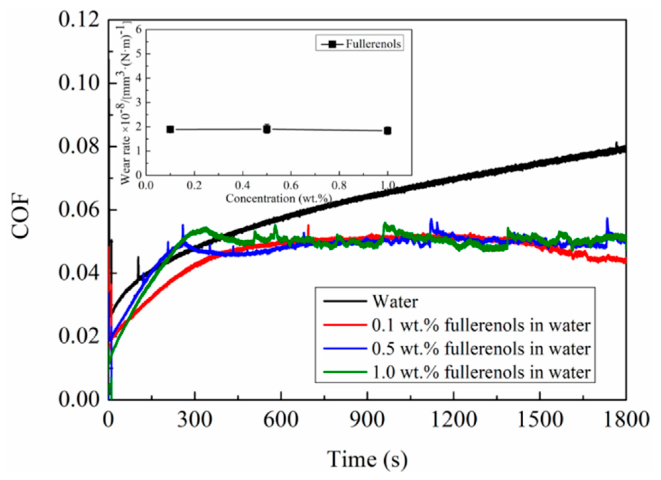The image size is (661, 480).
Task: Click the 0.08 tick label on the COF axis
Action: (79, 146)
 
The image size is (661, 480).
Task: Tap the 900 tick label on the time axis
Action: (367, 420)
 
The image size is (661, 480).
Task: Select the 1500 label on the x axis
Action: (540, 420)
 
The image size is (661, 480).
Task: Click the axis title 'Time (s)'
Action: (367, 459)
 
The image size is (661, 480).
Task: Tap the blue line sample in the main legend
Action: (345, 349)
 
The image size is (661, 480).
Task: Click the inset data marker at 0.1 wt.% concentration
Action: (170, 129)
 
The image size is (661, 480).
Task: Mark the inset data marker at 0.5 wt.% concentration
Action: (267, 129)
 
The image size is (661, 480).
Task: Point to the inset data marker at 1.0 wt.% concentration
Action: (388, 131)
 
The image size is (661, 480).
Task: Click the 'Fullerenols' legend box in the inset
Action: (360, 43)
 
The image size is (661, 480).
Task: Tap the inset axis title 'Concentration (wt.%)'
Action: (278, 199)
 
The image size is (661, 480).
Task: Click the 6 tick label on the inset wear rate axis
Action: (138, 29)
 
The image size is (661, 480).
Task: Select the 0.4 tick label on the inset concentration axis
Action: (242, 185)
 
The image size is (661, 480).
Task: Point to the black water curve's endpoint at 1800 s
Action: (625, 149)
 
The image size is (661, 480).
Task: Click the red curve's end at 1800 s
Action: (625, 261)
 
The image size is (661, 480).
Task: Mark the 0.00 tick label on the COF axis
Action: (79, 400)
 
